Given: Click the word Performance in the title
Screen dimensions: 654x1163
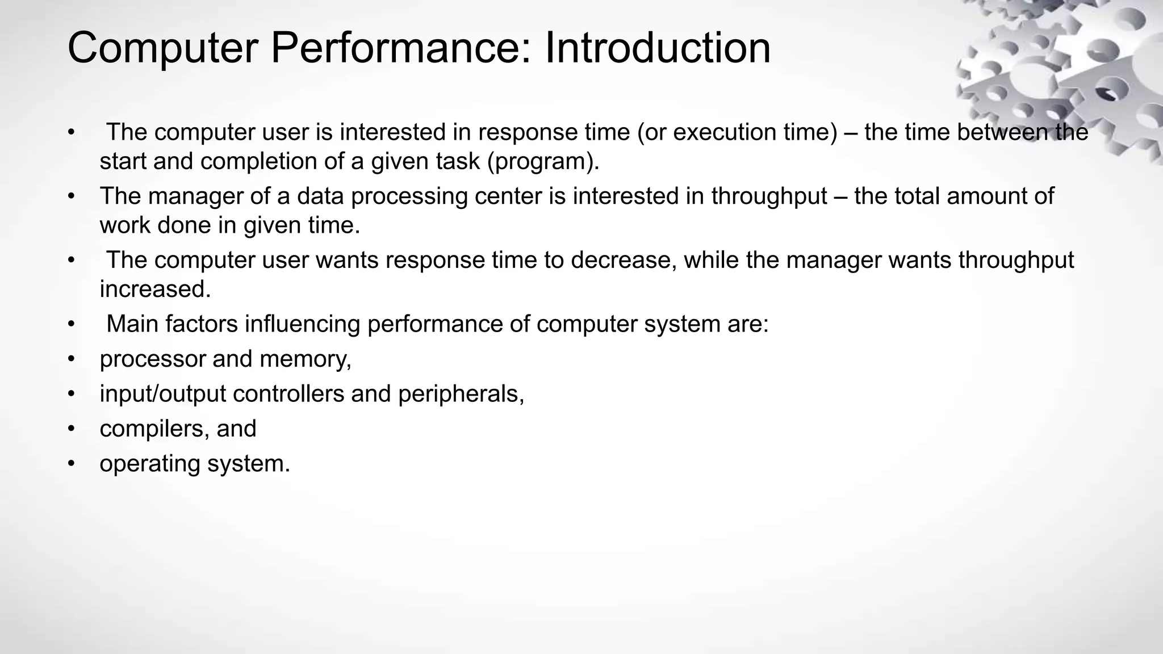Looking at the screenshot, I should coord(401,49).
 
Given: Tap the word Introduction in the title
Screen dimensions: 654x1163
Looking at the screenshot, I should coord(658,48).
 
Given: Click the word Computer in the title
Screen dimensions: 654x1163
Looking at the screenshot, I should coord(162,49).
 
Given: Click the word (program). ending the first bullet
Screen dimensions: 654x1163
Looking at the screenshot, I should coord(543,162).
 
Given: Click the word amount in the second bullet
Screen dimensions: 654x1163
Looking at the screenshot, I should coord(986,196).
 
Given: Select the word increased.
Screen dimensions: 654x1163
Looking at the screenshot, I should coord(155,290).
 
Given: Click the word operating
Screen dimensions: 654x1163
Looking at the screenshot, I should coord(150,464).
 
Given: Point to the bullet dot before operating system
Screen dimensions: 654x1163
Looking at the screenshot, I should coord(71,464).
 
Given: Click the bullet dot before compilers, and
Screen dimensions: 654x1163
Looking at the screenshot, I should coord(71,429).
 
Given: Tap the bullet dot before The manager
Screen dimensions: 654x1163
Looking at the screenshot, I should coord(71,196).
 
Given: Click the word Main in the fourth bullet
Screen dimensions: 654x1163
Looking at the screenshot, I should coord(132,324).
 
